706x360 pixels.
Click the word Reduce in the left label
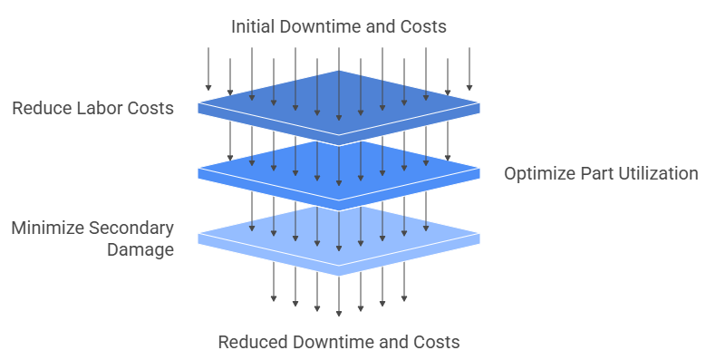(39, 109)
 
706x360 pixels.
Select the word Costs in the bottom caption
(437, 342)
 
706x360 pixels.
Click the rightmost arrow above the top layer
(469, 68)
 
